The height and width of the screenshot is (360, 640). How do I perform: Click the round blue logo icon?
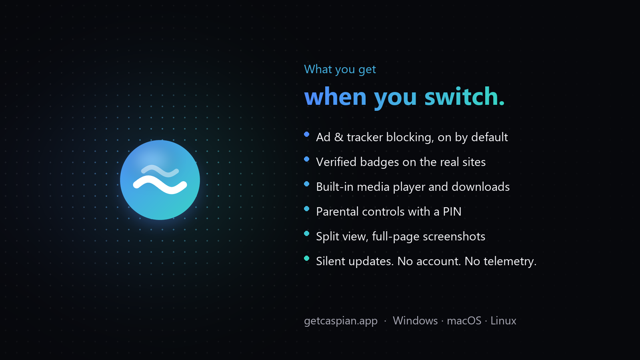click(160, 180)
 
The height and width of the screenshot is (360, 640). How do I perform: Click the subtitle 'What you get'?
click(340, 70)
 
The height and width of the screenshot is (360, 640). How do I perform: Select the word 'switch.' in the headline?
click(464, 96)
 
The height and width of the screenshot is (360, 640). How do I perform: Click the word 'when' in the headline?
click(336, 96)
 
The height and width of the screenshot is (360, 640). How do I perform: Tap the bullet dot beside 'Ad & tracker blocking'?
click(306, 134)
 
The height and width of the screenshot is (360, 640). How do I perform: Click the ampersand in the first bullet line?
click(338, 138)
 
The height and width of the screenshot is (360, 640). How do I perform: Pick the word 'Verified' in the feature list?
click(336, 162)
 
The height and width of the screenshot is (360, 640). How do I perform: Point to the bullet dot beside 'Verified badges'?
click(306, 159)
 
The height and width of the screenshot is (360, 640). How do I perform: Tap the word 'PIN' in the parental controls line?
click(452, 212)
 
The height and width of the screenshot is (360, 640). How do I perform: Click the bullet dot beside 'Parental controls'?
click(306, 209)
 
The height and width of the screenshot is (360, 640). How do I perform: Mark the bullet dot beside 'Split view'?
click(306, 234)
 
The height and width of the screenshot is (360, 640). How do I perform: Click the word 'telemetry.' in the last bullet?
click(510, 262)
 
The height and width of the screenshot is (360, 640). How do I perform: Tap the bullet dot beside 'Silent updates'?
click(306, 258)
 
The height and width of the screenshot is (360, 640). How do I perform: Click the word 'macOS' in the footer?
click(464, 321)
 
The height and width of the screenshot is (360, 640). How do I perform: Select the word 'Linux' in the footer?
click(504, 321)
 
